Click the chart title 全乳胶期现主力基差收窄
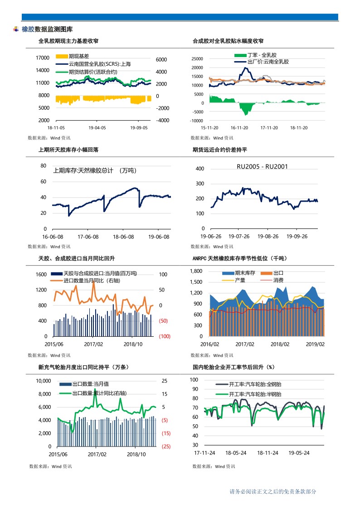68,41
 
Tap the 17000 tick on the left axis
43,58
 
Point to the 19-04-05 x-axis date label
97,128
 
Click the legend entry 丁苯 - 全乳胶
255,55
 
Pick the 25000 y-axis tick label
197,59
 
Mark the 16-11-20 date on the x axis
239,128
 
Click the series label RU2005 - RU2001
262,166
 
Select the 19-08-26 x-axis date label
268,236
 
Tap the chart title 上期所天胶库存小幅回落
68,150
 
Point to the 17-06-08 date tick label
88,237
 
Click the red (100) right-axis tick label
165,336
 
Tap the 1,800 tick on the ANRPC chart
196,271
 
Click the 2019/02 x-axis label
315,344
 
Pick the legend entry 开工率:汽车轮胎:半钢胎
248,394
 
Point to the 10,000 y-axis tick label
43,381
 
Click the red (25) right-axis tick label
166,446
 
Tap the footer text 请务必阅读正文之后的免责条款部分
272,491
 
